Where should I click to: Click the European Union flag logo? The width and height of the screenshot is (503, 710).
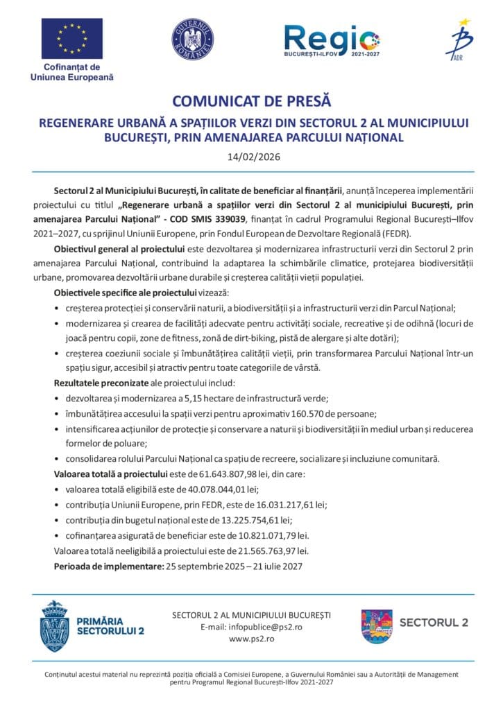pos(72,39)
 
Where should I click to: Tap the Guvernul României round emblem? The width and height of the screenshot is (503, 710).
pos(192,39)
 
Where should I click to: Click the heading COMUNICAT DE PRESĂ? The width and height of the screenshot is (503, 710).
pos(252,103)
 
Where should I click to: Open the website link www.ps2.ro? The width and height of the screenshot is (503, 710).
pos(250,639)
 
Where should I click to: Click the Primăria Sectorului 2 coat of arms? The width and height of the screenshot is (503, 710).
pos(55,625)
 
